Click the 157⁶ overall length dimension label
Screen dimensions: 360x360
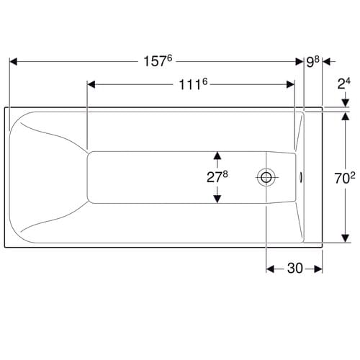(x=158, y=61)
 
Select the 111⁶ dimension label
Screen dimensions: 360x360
(x=193, y=84)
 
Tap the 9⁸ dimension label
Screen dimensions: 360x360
(x=312, y=62)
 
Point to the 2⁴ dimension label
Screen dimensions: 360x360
(x=343, y=84)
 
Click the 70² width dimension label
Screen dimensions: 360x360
(x=345, y=178)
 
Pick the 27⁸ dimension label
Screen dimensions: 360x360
(x=217, y=176)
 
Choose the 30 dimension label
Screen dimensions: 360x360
(x=295, y=268)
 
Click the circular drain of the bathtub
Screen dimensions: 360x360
(x=266, y=178)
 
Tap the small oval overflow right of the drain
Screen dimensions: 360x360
(x=301, y=178)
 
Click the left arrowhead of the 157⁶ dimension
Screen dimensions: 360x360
(x=13, y=62)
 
